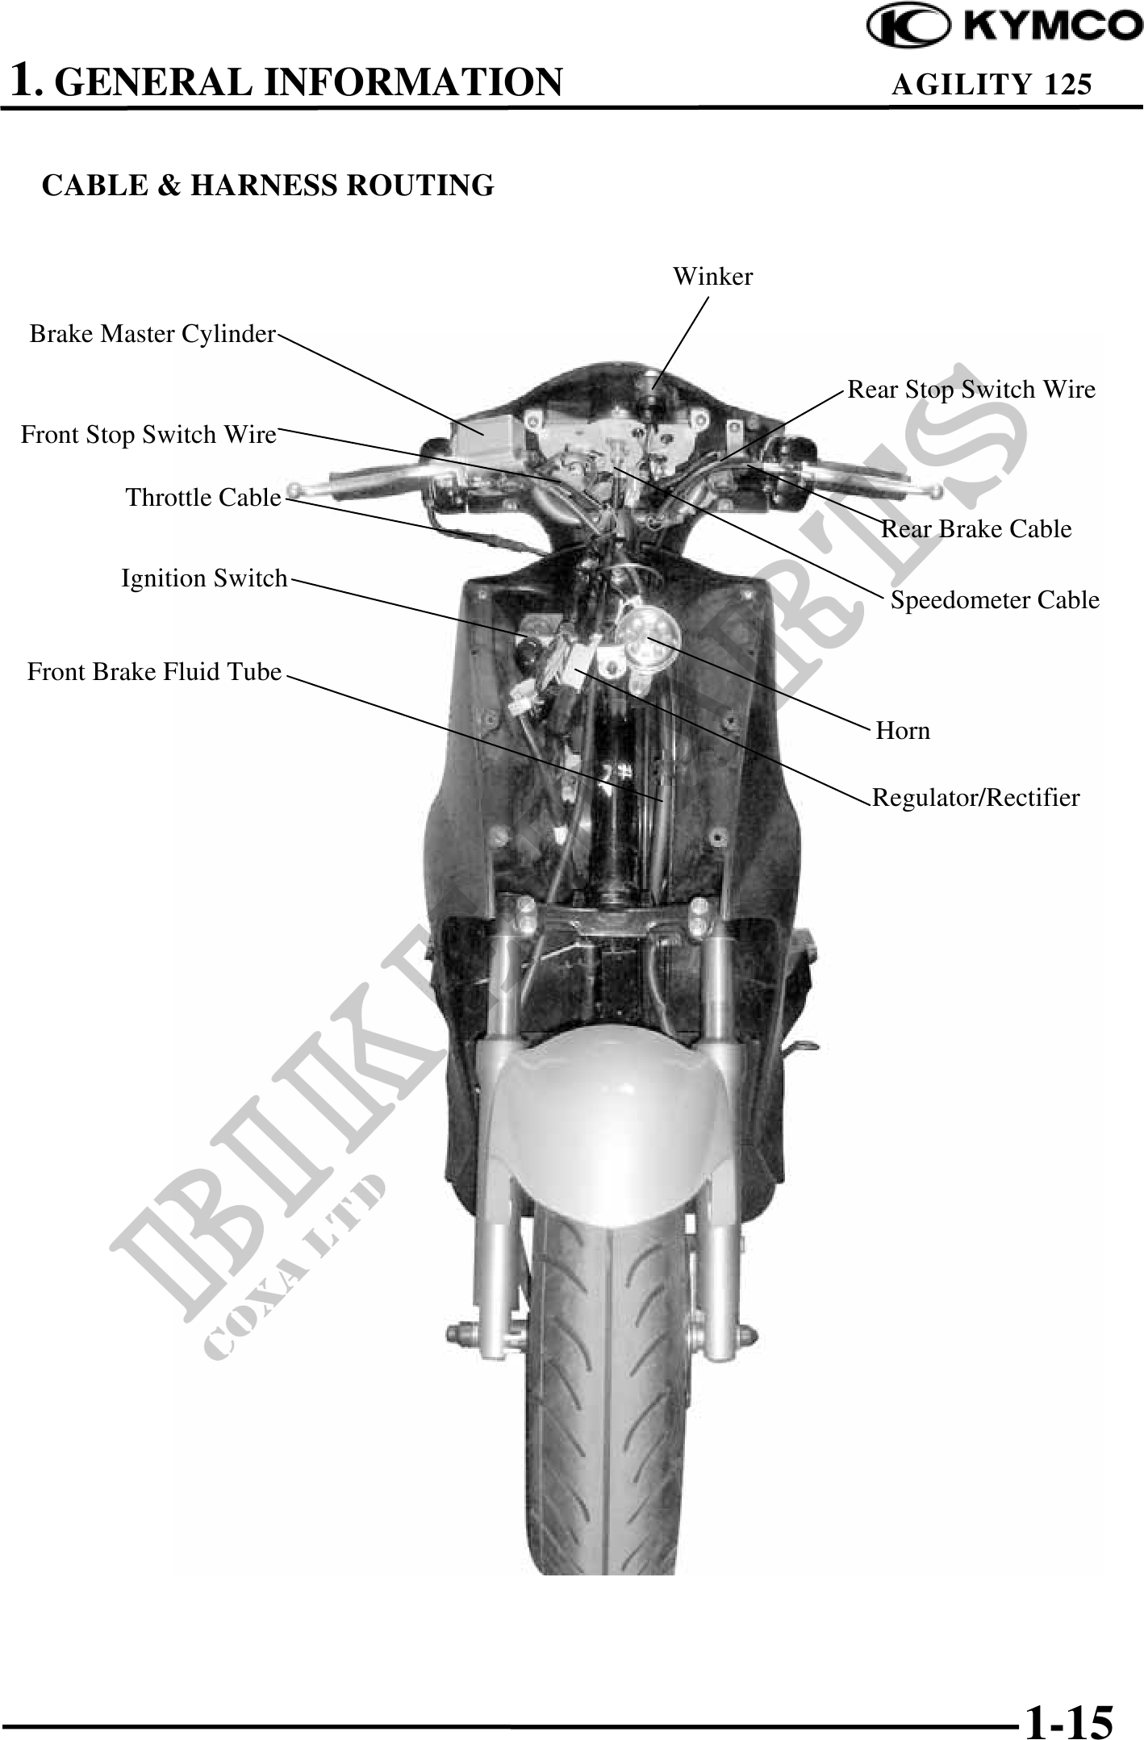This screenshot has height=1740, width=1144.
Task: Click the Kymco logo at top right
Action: coord(1004,27)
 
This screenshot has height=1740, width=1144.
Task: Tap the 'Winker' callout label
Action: coord(712,277)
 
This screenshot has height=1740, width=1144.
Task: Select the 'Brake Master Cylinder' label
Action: coord(152,334)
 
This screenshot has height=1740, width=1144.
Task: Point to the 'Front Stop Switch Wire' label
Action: coord(148,435)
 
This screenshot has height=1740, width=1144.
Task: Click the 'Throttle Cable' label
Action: coord(203,498)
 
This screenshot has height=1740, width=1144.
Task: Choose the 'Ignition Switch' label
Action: coord(204,578)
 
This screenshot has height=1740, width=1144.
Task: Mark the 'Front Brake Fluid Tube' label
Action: coord(154,672)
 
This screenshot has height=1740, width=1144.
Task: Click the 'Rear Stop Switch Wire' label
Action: coord(971,390)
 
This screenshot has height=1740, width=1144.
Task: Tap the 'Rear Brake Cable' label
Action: coord(976,529)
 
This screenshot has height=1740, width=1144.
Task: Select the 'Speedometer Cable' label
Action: coord(994,600)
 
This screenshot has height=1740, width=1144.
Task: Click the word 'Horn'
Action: coord(903,731)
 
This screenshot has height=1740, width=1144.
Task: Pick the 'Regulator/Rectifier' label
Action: coord(976,798)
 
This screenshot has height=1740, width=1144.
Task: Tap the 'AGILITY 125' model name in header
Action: coord(991,84)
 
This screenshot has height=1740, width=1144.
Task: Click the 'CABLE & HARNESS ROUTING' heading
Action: coord(268,186)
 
